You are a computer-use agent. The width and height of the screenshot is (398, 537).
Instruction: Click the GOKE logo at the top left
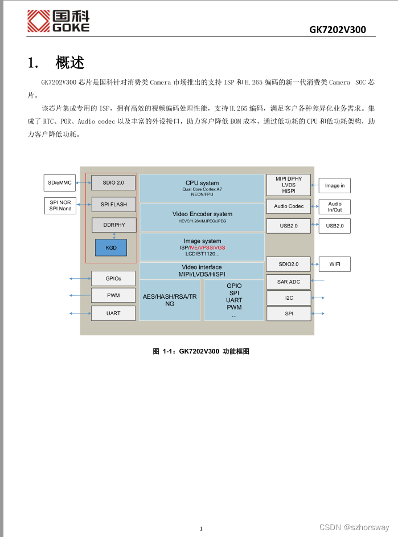tap(59, 21)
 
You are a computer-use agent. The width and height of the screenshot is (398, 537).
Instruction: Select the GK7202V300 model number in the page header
tap(337, 30)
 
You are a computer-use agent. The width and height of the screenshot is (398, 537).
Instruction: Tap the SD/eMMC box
tap(60, 182)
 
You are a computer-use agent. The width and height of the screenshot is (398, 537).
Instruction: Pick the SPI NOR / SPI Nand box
tap(60, 205)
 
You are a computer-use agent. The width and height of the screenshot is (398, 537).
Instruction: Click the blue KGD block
tap(110, 248)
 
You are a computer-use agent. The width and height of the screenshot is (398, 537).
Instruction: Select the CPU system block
tap(202, 188)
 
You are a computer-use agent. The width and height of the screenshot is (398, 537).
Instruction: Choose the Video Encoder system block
tap(202, 217)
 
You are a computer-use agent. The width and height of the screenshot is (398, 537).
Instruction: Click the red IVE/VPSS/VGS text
tap(207, 248)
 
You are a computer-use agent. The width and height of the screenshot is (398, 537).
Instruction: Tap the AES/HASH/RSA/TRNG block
tap(170, 300)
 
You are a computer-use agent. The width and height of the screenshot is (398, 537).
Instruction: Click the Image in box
tap(334, 185)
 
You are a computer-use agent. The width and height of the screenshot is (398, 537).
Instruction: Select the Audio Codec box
tap(289, 206)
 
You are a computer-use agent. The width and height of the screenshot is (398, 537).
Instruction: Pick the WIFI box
tap(334, 264)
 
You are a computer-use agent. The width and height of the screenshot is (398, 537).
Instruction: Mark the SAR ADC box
tap(289, 282)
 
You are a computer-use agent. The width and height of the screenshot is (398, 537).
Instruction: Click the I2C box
tap(289, 298)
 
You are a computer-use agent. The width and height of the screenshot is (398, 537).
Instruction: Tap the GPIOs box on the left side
tap(113, 278)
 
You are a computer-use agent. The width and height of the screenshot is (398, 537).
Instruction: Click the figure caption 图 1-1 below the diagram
tap(200, 351)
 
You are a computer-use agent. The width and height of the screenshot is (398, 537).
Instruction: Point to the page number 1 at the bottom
tap(201, 528)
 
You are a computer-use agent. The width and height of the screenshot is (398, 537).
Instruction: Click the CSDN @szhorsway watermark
tap(354, 528)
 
